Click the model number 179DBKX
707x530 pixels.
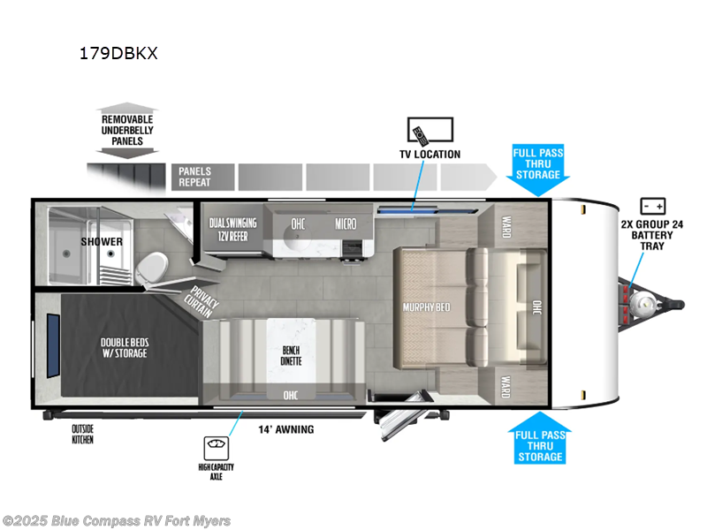[118, 53]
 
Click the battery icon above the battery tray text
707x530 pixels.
[653, 206]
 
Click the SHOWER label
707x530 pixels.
[102, 241]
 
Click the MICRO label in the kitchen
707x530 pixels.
[346, 224]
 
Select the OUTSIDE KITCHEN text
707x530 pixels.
[83, 434]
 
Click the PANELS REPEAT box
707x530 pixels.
[203, 177]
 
